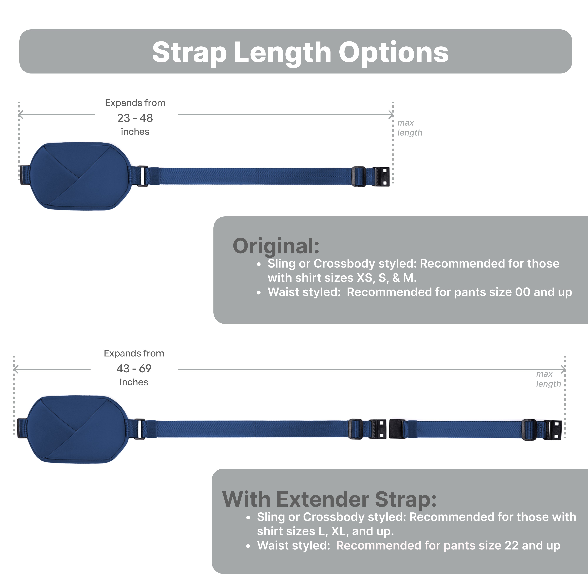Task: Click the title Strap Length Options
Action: [x=300, y=52]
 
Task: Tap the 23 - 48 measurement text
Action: [x=135, y=118]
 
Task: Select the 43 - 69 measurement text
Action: [x=134, y=369]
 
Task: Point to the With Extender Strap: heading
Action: [x=329, y=500]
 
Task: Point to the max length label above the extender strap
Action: [x=548, y=379]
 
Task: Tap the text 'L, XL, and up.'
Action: [x=356, y=531]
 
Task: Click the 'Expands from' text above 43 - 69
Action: [x=134, y=353]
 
